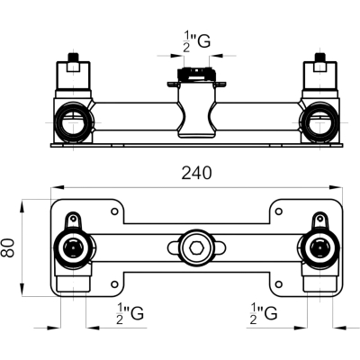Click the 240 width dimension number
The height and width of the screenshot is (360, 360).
pos(196,173)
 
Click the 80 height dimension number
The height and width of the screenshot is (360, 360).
pos(7,247)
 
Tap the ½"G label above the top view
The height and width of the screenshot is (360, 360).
pos(196,42)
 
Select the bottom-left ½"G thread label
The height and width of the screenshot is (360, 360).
pos(130,313)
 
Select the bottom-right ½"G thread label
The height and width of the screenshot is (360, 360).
pos(264,313)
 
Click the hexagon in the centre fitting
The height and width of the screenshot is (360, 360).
pos(196,247)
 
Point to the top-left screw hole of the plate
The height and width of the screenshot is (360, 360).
pos(114,211)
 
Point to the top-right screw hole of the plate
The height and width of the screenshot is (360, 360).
pos(279,211)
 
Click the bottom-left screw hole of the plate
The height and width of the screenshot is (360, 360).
pos(114,283)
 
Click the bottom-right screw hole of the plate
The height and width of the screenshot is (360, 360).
pos(279,283)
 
